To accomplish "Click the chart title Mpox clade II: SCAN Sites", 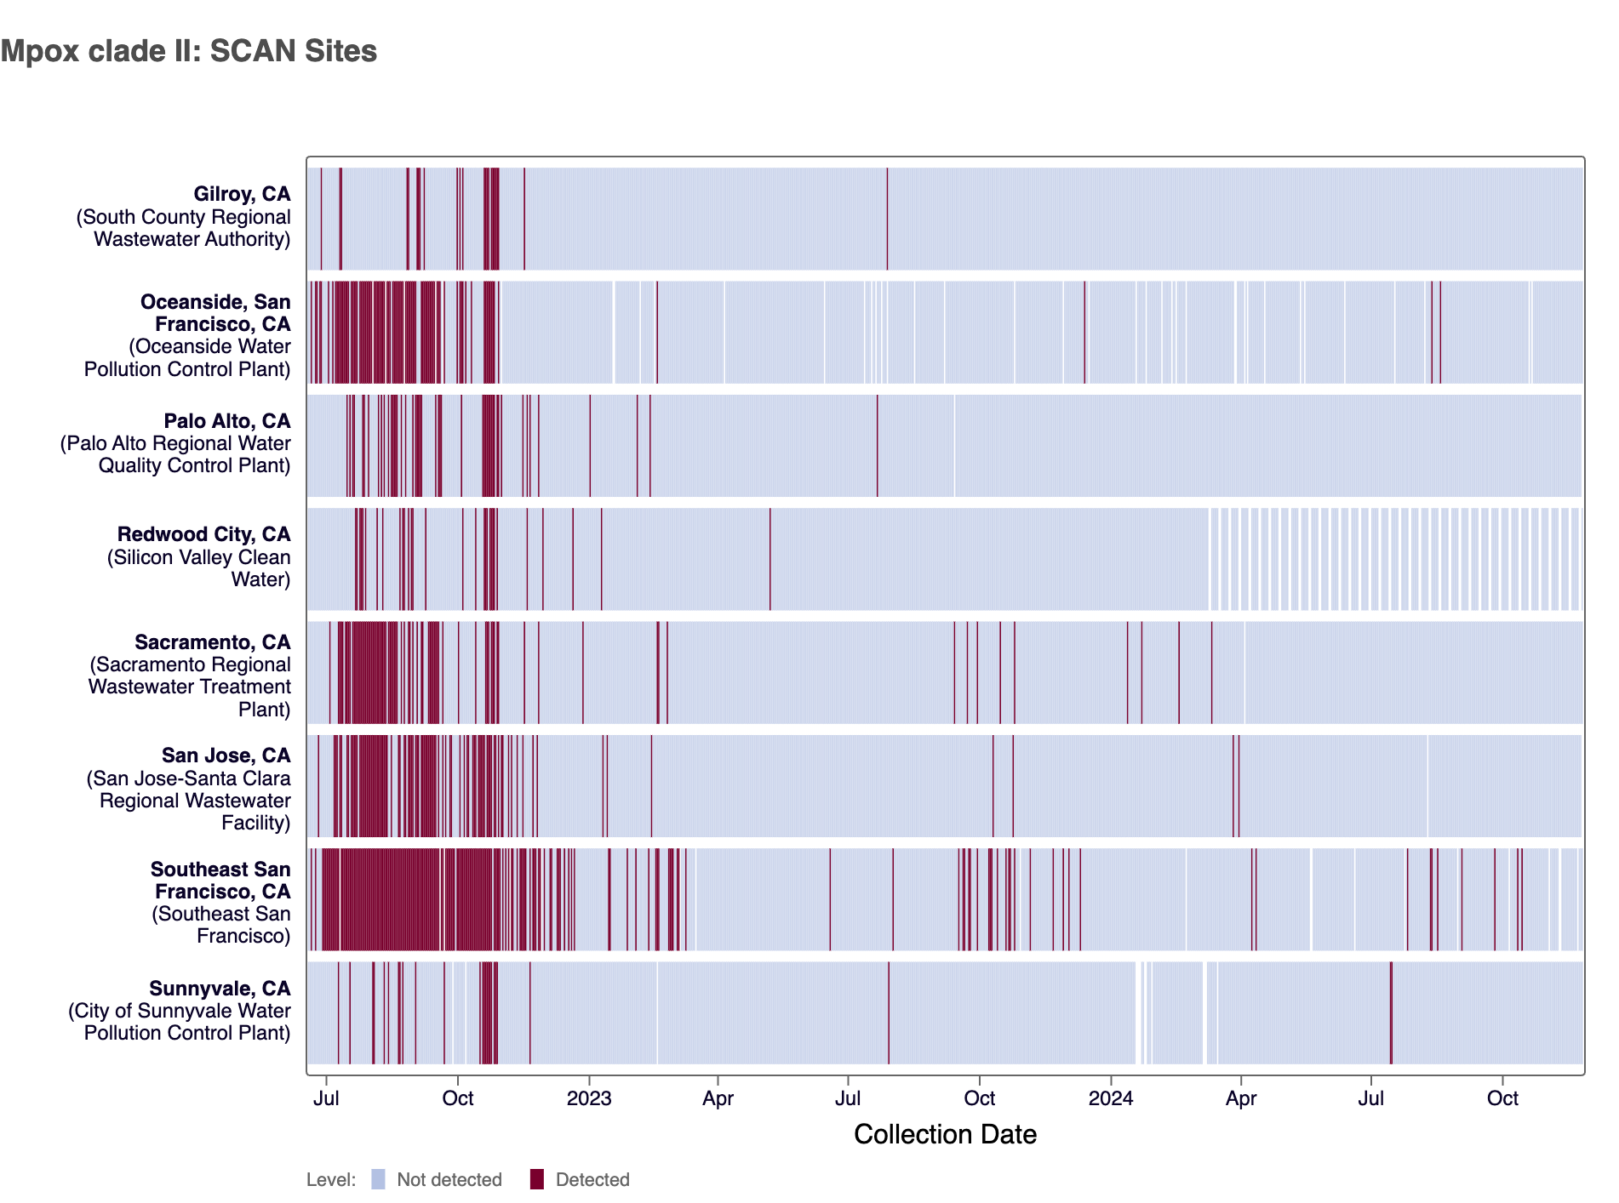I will pos(189,51).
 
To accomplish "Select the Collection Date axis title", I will pos(945,1134).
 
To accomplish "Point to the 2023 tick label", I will pos(589,1098).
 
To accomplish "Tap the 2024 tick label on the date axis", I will pos(1111,1098).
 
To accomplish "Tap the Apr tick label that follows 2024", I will pos(1241,1098).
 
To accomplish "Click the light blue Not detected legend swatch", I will pos(379,1179).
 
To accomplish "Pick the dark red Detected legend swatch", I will pos(537,1179).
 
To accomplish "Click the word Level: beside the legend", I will pos(331,1180).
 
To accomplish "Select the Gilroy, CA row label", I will pos(242,195).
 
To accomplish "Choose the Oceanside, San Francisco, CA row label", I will pos(215,313).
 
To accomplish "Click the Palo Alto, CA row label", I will pos(226,421).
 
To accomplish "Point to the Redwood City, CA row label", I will pos(203,534).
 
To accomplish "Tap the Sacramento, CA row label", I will pos(212,642).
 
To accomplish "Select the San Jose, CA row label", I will pos(226,755).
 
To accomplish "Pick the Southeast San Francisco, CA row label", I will pos(220,881).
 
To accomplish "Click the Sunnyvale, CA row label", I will pos(220,989).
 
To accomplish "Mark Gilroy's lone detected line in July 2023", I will pos(887,219).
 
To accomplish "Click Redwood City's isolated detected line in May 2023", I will pos(770,559).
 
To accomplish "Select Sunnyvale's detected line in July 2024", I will pos(1391,1012).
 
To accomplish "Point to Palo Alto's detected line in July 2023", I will pos(878,445).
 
